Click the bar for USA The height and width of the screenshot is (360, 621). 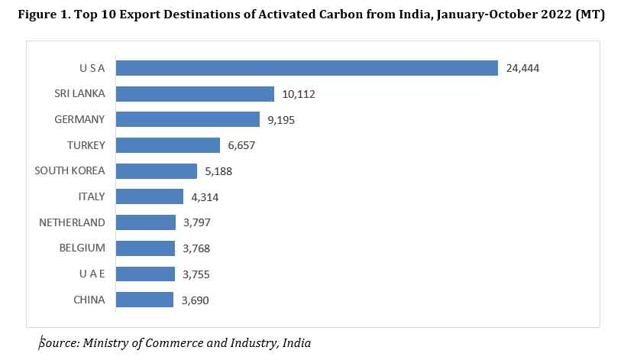click(x=306, y=68)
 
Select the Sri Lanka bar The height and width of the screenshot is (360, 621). click(x=195, y=94)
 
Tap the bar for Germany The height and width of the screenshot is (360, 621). click(x=188, y=119)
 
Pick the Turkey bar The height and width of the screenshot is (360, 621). click(x=168, y=145)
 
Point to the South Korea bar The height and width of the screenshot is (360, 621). click(x=157, y=171)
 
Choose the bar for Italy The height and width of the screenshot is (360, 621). click(x=150, y=196)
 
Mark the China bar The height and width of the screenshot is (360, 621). click(x=145, y=300)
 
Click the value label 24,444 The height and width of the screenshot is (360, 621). click(x=523, y=69)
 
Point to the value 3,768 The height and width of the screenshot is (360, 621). click(x=196, y=248)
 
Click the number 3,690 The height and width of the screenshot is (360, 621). click(x=195, y=300)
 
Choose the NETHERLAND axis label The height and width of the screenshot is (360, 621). click(x=72, y=222)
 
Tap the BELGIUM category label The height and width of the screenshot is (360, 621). click(x=82, y=248)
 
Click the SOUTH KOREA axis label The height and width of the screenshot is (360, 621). click(x=70, y=170)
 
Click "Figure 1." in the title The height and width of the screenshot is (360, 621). click(x=44, y=15)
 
